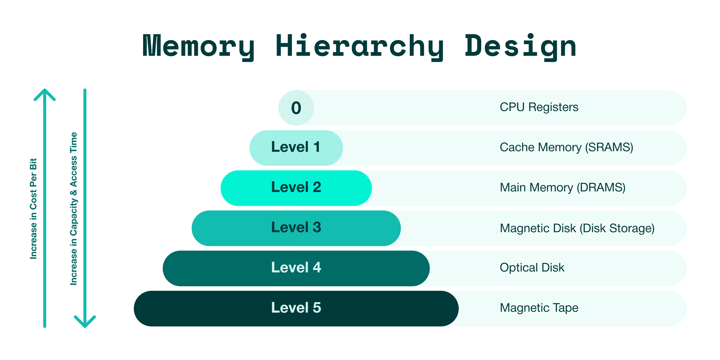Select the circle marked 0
click(x=296, y=108)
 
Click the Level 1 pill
click(x=296, y=148)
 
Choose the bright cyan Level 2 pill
click(x=296, y=188)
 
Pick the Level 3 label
click(x=296, y=228)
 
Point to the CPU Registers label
click(x=539, y=107)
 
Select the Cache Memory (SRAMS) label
click(x=566, y=147)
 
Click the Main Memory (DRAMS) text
click(x=562, y=187)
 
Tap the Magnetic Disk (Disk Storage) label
click(x=577, y=228)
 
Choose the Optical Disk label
click(x=532, y=268)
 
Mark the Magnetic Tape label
click(x=539, y=308)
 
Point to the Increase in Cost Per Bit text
click(x=33, y=208)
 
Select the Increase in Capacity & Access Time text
click(x=73, y=208)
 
